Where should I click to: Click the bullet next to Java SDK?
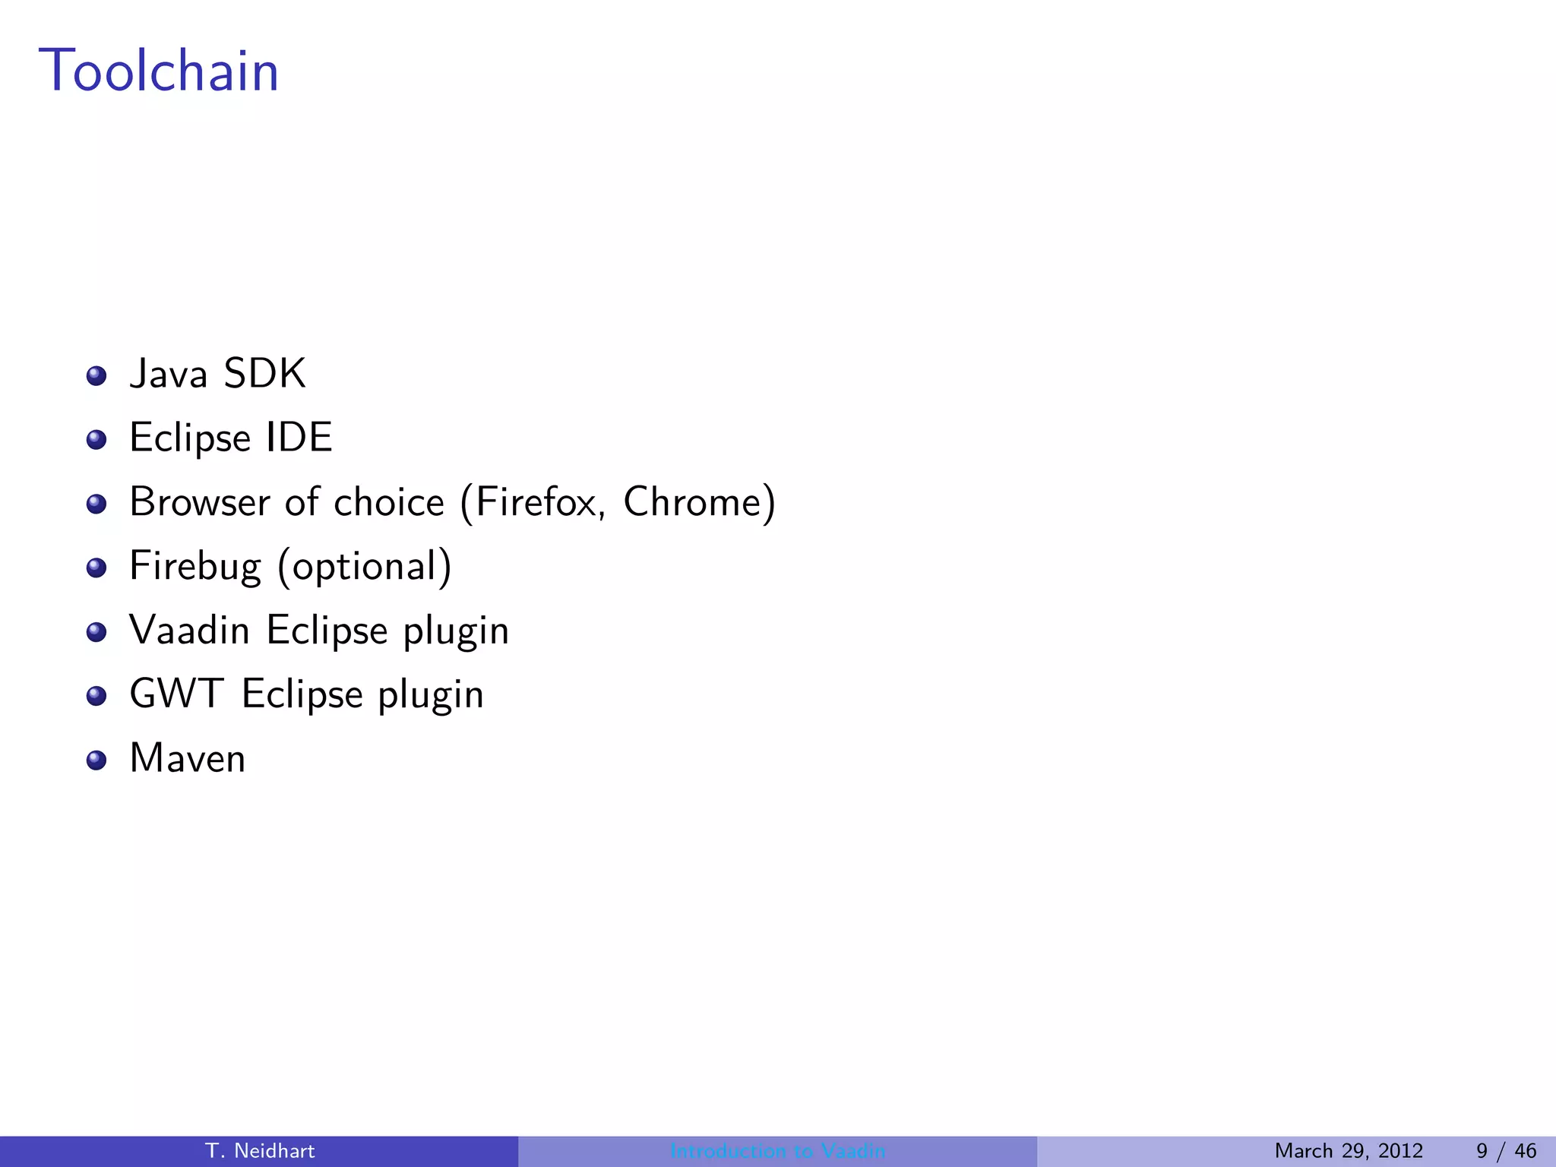pyautogui.click(x=96, y=376)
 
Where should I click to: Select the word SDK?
pyautogui.click(x=264, y=374)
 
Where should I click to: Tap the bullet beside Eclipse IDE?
pyautogui.click(x=96, y=440)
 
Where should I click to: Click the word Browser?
pyautogui.click(x=200, y=502)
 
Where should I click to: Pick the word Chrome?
pyautogui.click(x=693, y=502)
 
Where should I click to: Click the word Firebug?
pyautogui.click(x=194, y=567)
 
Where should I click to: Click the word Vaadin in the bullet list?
pyautogui.click(x=189, y=631)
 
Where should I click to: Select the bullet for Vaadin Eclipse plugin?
pyautogui.click(x=96, y=632)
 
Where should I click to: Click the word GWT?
pyautogui.click(x=176, y=694)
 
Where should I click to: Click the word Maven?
pyautogui.click(x=188, y=758)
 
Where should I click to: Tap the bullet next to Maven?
pyautogui.click(x=96, y=761)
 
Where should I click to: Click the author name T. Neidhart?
pyautogui.click(x=260, y=1151)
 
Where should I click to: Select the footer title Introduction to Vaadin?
pyautogui.click(x=778, y=1151)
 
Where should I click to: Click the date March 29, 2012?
pyautogui.click(x=1349, y=1151)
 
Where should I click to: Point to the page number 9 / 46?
pyautogui.click(x=1506, y=1151)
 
